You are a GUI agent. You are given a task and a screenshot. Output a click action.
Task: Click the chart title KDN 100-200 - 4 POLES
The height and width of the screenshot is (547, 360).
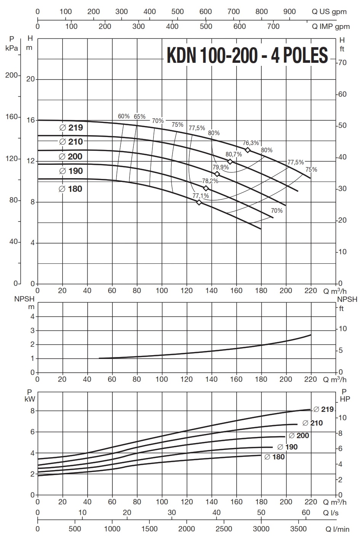(x=247, y=56)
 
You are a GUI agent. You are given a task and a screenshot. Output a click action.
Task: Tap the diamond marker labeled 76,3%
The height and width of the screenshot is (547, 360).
(x=248, y=150)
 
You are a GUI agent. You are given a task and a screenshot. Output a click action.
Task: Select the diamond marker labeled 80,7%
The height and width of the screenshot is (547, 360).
(x=230, y=162)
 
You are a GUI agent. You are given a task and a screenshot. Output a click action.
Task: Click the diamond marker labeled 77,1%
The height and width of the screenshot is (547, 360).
(x=199, y=203)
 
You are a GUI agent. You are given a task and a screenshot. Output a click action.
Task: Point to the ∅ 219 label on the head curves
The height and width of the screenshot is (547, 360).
(x=71, y=128)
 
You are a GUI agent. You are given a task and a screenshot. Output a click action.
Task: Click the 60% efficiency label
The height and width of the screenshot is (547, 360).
(x=124, y=116)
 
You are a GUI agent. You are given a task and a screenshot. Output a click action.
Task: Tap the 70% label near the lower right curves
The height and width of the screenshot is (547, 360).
(x=277, y=211)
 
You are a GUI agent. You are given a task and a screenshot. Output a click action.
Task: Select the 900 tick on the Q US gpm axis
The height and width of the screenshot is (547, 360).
(x=290, y=11)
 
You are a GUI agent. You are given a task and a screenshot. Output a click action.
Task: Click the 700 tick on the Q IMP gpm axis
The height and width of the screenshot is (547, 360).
(x=273, y=27)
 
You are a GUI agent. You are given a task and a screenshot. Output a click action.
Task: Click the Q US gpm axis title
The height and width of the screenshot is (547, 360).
(x=329, y=11)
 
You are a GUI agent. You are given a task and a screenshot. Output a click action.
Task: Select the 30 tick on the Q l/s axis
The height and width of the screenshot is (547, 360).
(x=172, y=512)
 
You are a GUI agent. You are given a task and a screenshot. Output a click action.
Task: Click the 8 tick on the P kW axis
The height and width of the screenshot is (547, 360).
(x=32, y=411)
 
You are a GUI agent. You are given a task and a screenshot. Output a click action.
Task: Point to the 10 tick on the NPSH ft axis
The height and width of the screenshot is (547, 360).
(x=342, y=329)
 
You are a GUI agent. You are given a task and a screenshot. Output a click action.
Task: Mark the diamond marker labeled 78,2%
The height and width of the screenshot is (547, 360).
(x=206, y=188)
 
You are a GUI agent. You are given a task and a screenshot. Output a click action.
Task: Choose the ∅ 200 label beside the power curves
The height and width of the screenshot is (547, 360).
(x=299, y=435)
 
